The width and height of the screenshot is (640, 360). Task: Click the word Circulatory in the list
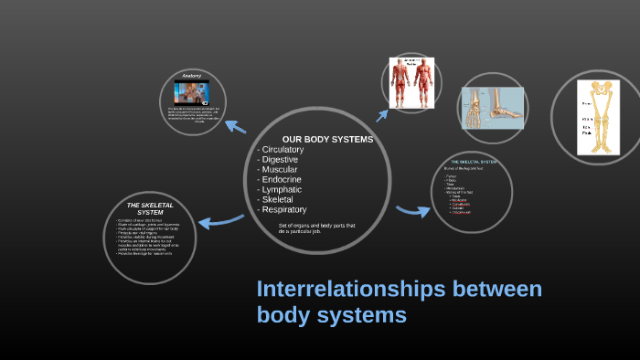(283, 150)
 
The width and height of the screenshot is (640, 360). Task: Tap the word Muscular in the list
(279, 170)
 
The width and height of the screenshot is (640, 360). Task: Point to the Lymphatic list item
(281, 190)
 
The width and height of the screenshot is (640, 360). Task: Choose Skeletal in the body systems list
(278, 200)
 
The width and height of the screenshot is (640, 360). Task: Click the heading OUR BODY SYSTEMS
(327, 139)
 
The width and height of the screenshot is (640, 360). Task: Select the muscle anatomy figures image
(411, 83)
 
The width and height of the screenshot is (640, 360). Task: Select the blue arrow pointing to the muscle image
(382, 113)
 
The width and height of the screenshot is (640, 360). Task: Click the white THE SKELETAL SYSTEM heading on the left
(145, 209)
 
